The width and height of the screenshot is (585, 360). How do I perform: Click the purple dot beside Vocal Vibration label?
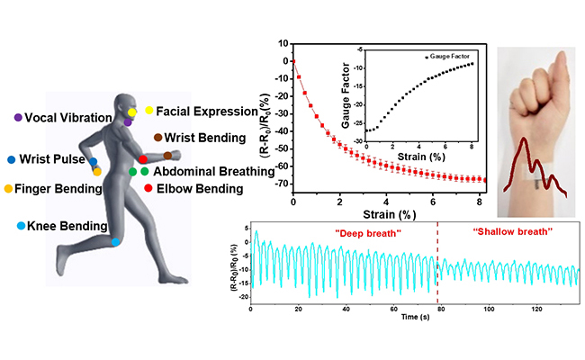click(18, 117)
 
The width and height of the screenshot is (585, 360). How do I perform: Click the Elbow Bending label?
click(199, 188)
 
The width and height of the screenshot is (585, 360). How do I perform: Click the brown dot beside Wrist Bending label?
click(157, 137)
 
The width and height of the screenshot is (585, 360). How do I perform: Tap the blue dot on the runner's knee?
click(116, 241)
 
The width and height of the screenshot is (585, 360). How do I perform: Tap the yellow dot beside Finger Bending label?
click(9, 189)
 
